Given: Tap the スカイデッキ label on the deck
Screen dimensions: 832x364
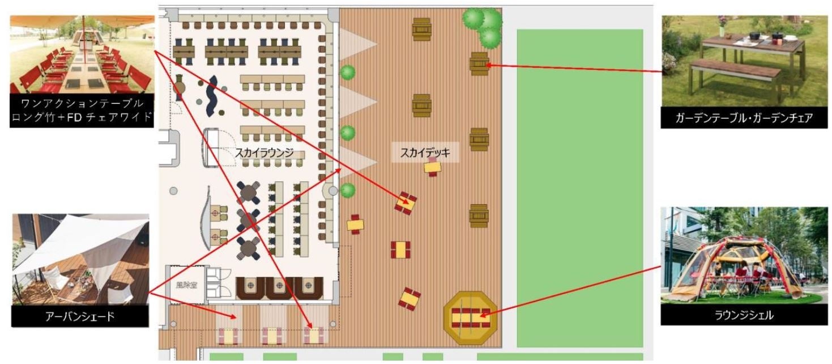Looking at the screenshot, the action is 425,152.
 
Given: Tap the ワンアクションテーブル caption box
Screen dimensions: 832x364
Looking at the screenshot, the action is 82,111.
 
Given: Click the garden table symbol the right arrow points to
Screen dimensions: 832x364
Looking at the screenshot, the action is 479,64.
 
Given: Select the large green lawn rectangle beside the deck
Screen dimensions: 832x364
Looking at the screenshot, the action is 579,187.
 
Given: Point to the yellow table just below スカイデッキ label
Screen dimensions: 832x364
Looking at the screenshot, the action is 433,167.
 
